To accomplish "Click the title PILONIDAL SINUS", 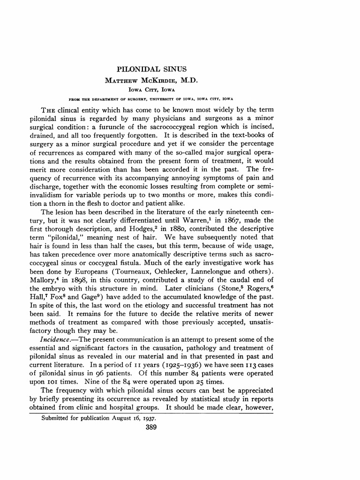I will [x=151, y=69].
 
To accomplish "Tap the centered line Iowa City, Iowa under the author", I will [x=151, y=89].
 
